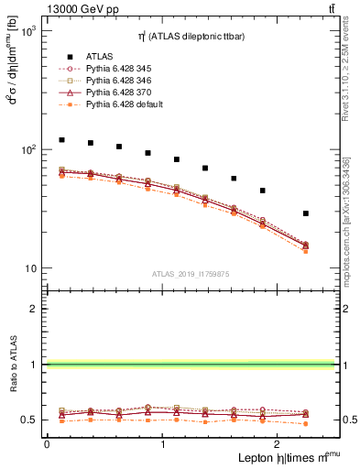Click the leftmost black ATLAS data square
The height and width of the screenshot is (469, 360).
tap(61, 140)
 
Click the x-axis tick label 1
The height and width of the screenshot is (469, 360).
tap(163, 444)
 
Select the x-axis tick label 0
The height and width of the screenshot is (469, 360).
tap(47, 444)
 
